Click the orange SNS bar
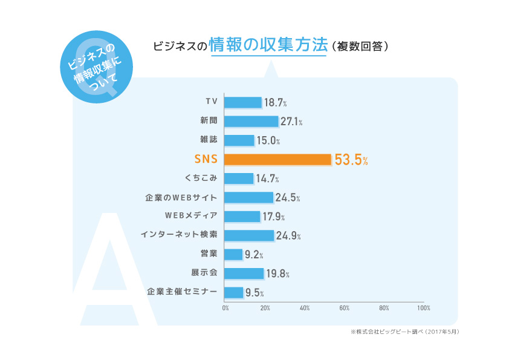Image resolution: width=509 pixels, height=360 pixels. pyautogui.click(x=277, y=160)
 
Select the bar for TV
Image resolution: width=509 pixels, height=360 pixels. pyautogui.click(x=242, y=103)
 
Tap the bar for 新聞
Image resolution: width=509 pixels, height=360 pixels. pyautogui.click(x=251, y=122)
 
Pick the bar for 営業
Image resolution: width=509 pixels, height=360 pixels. pyautogui.click(x=233, y=255)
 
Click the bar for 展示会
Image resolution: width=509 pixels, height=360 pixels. pyautogui.click(x=244, y=273)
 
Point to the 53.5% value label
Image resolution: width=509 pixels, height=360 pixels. pyautogui.click(x=351, y=160)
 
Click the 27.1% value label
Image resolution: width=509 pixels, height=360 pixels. pyautogui.click(x=291, y=122)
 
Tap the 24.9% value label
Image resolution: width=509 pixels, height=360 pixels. pyautogui.click(x=288, y=236)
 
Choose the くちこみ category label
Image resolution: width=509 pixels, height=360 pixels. pyautogui.click(x=199, y=178)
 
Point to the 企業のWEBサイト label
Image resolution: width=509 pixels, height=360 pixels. pyautogui.click(x=181, y=197)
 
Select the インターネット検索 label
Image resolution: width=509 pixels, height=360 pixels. pyautogui.click(x=178, y=235)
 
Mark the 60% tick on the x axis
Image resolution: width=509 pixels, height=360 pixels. pyautogui.click(x=345, y=308)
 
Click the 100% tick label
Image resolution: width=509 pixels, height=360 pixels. pyautogui.click(x=424, y=308)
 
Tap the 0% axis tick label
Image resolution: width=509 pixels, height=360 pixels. pyautogui.click(x=225, y=308)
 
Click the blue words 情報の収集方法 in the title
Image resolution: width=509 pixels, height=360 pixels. pyautogui.click(x=268, y=45)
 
